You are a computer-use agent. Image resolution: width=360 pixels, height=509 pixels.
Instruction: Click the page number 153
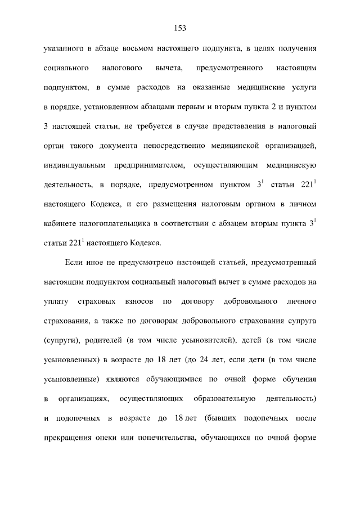(180, 28)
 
